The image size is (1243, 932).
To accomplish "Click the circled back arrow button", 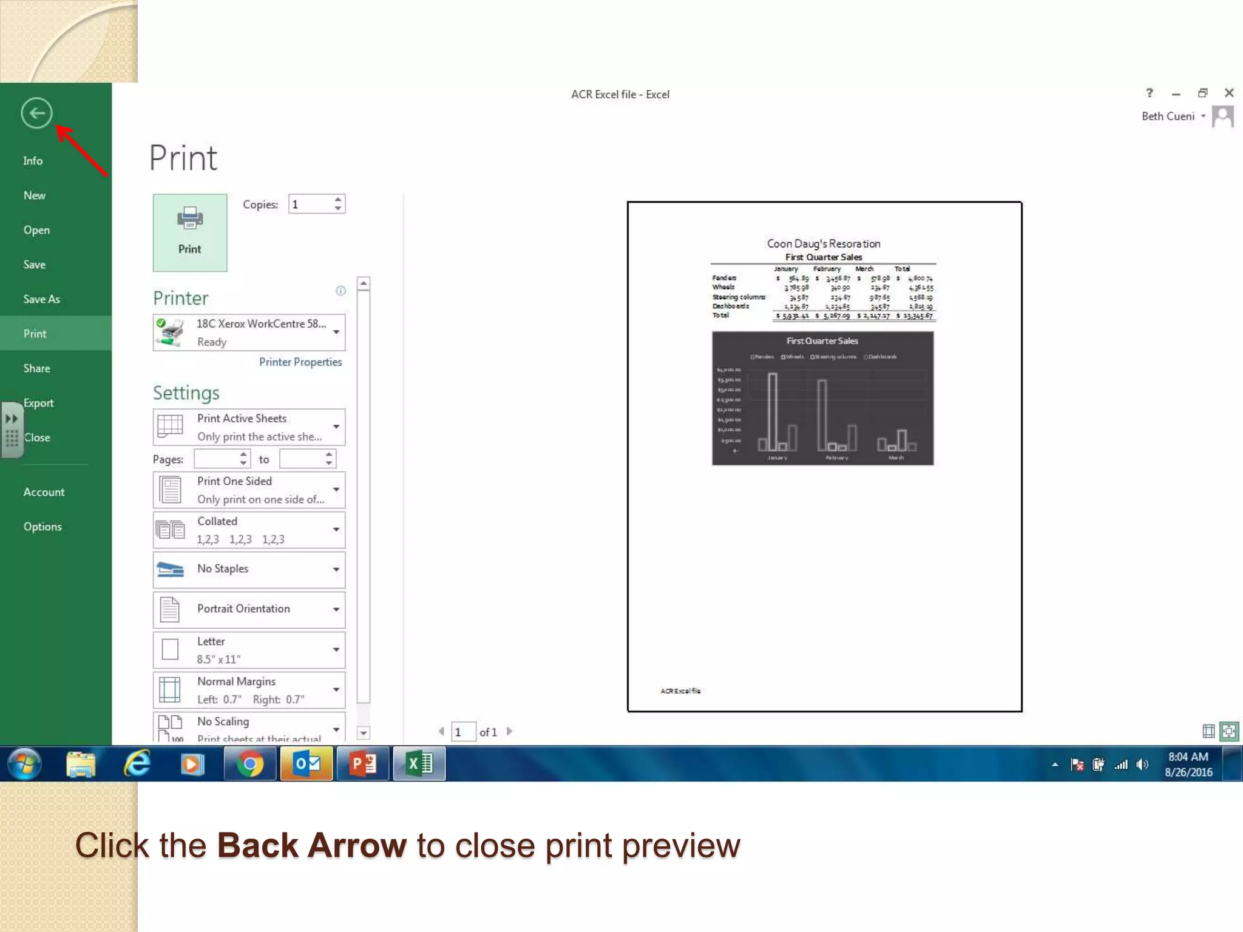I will (36, 113).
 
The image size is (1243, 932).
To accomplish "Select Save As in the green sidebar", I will (42, 299).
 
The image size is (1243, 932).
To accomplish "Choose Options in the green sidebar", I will (42, 527).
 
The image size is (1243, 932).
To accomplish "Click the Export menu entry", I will (39, 403).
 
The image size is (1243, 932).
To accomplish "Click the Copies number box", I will (311, 204).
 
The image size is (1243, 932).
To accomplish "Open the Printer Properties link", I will (300, 362).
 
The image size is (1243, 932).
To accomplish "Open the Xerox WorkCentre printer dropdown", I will (249, 333).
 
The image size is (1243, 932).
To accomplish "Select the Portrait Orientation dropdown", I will (249, 609).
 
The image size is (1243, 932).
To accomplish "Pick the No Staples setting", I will (249, 569).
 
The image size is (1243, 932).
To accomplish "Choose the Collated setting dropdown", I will (249, 530).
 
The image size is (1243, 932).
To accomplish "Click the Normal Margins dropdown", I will (249, 690).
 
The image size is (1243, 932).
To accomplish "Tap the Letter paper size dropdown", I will (249, 650).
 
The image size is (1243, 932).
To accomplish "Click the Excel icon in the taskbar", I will (419, 763).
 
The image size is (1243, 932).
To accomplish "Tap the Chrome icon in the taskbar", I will (250, 763).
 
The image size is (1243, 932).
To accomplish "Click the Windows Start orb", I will (24, 763).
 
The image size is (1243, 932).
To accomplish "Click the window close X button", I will (1229, 93).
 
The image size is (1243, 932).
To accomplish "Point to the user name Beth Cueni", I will (1168, 116).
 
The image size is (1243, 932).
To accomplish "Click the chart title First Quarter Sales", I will (822, 341).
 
